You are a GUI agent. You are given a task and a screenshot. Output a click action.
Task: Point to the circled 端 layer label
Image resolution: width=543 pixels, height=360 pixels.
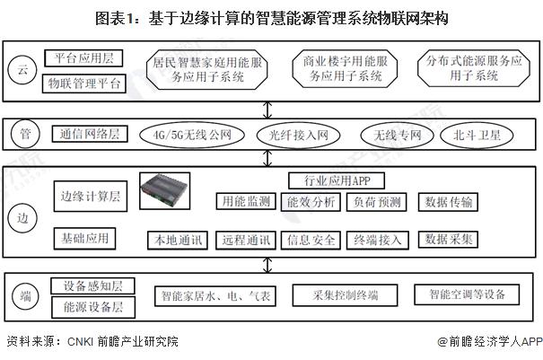pyautogui.click(x=24, y=294)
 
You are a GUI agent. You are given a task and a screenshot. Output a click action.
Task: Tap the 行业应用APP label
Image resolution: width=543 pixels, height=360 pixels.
pyautogui.click(x=324, y=180)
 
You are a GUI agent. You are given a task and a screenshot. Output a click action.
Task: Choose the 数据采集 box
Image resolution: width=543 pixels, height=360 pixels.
pyautogui.click(x=451, y=240)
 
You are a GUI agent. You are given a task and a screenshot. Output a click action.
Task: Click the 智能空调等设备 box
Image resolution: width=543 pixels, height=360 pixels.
pyautogui.click(x=467, y=294)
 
